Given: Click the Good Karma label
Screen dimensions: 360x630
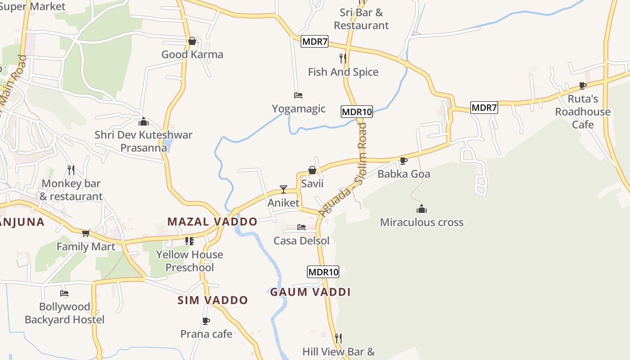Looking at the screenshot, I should click(192, 54).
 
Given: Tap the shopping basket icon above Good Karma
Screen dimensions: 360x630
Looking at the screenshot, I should click(192, 41).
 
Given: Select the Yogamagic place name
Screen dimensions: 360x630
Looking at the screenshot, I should click(298, 108).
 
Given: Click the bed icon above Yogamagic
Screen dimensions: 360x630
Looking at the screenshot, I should click(298, 95).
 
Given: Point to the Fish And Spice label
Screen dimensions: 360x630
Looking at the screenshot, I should click(343, 72).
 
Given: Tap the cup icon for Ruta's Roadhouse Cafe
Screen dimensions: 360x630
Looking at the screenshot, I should click(583, 85).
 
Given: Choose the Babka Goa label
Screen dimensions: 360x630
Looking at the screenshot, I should click(404, 174).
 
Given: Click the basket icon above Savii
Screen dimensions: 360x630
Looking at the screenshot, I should click(312, 170).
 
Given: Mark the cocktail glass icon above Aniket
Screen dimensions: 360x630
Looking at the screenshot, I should click(283, 189).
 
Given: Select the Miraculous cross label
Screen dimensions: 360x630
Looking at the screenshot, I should click(422, 222).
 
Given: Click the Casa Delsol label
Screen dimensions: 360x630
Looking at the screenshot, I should click(301, 241).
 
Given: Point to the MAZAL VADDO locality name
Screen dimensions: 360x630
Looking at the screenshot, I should click(212, 221).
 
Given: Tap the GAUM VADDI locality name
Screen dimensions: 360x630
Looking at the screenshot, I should click(310, 292).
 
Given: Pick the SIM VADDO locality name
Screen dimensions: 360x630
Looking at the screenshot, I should click(213, 300).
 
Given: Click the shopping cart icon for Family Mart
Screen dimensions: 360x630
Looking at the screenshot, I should click(85, 233).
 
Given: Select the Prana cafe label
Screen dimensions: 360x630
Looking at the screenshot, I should click(206, 334).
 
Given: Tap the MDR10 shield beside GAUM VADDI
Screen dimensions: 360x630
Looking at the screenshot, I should click(323, 272).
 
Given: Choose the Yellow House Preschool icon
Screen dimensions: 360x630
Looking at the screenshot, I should click(189, 241).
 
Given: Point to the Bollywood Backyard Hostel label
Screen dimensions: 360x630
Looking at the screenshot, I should click(64, 313).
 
